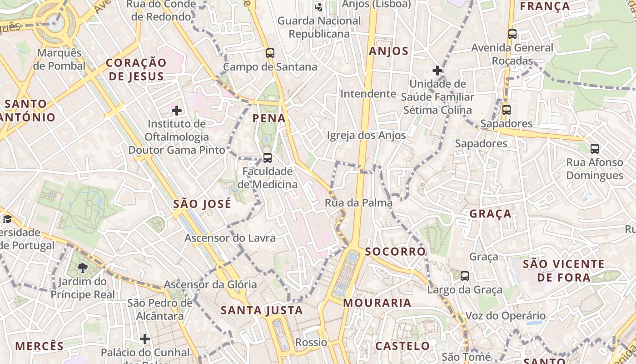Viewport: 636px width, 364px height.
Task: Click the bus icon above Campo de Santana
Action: pyautogui.click(x=270, y=53)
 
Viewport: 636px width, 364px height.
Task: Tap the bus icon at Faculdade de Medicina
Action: pyautogui.click(x=268, y=158)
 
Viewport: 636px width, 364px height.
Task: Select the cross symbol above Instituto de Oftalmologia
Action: pyautogui.click(x=177, y=110)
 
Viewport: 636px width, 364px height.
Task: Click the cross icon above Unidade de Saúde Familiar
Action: pyautogui.click(x=437, y=71)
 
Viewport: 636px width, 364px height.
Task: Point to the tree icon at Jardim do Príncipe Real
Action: pyautogui.click(x=82, y=268)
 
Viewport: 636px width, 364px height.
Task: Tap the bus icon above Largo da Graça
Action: pyautogui.click(x=465, y=276)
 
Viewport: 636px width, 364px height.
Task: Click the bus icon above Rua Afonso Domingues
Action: pyautogui.click(x=595, y=148)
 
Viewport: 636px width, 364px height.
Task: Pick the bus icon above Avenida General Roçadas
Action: pyautogui.click(x=512, y=34)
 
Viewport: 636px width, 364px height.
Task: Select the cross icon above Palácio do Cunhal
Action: pyautogui.click(x=145, y=339)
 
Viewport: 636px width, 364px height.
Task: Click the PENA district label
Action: pyautogui.click(x=269, y=118)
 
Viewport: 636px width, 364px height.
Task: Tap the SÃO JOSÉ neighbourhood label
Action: pyautogui.click(x=202, y=204)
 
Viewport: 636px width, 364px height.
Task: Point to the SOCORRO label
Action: pyautogui.click(x=395, y=251)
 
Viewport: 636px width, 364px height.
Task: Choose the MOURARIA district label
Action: pyautogui.click(x=377, y=303)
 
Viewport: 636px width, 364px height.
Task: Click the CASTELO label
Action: pyautogui.click(x=402, y=346)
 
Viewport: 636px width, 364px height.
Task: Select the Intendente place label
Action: pyautogui.click(x=368, y=94)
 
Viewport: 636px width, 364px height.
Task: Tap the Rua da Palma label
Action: pyautogui.click(x=358, y=203)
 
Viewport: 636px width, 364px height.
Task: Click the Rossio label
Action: pyautogui.click(x=311, y=342)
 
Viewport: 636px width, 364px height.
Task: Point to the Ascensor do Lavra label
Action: pyautogui.click(x=230, y=238)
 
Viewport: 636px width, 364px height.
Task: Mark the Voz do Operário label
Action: pyautogui.click(x=505, y=316)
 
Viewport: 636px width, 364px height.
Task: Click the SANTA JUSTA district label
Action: pyautogui.click(x=262, y=310)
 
